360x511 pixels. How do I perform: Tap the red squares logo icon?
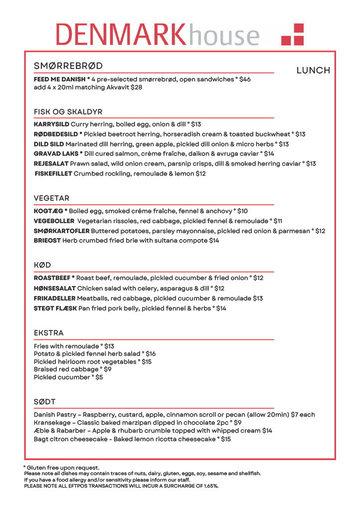click(x=292, y=34)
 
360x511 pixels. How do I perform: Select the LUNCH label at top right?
click(x=313, y=70)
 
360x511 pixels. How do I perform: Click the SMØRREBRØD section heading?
click(x=68, y=66)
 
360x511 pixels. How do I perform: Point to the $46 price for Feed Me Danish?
click(x=245, y=79)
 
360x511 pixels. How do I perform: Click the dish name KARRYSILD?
click(x=51, y=124)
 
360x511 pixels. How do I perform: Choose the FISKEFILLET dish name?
click(x=53, y=174)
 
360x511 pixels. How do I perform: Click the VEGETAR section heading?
click(x=51, y=198)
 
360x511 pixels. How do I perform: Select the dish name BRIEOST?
click(x=47, y=241)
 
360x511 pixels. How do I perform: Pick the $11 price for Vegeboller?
click(x=278, y=221)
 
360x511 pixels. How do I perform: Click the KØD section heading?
click(x=42, y=265)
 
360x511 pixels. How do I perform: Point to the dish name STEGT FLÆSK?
click(x=55, y=308)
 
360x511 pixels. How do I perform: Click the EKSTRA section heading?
click(x=49, y=333)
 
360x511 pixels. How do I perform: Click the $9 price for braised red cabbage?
click(x=107, y=369)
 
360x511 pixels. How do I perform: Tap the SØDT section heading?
click(x=44, y=402)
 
